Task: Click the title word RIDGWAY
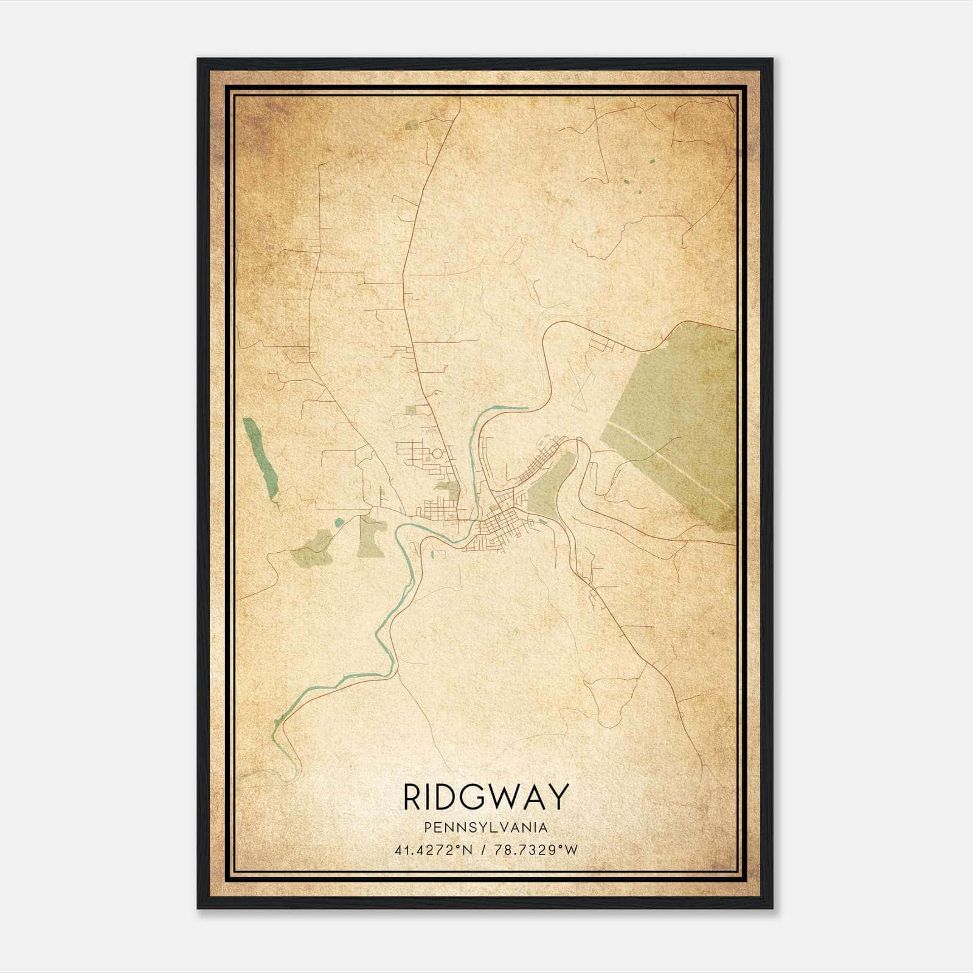[x=486, y=797]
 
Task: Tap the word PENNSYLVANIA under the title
[x=486, y=828]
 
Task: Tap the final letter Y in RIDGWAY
[x=558, y=797]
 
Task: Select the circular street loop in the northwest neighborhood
[x=437, y=454]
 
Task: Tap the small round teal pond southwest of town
[x=339, y=522]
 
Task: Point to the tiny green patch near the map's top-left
[x=412, y=125]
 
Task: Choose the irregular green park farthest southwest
[x=313, y=550]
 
